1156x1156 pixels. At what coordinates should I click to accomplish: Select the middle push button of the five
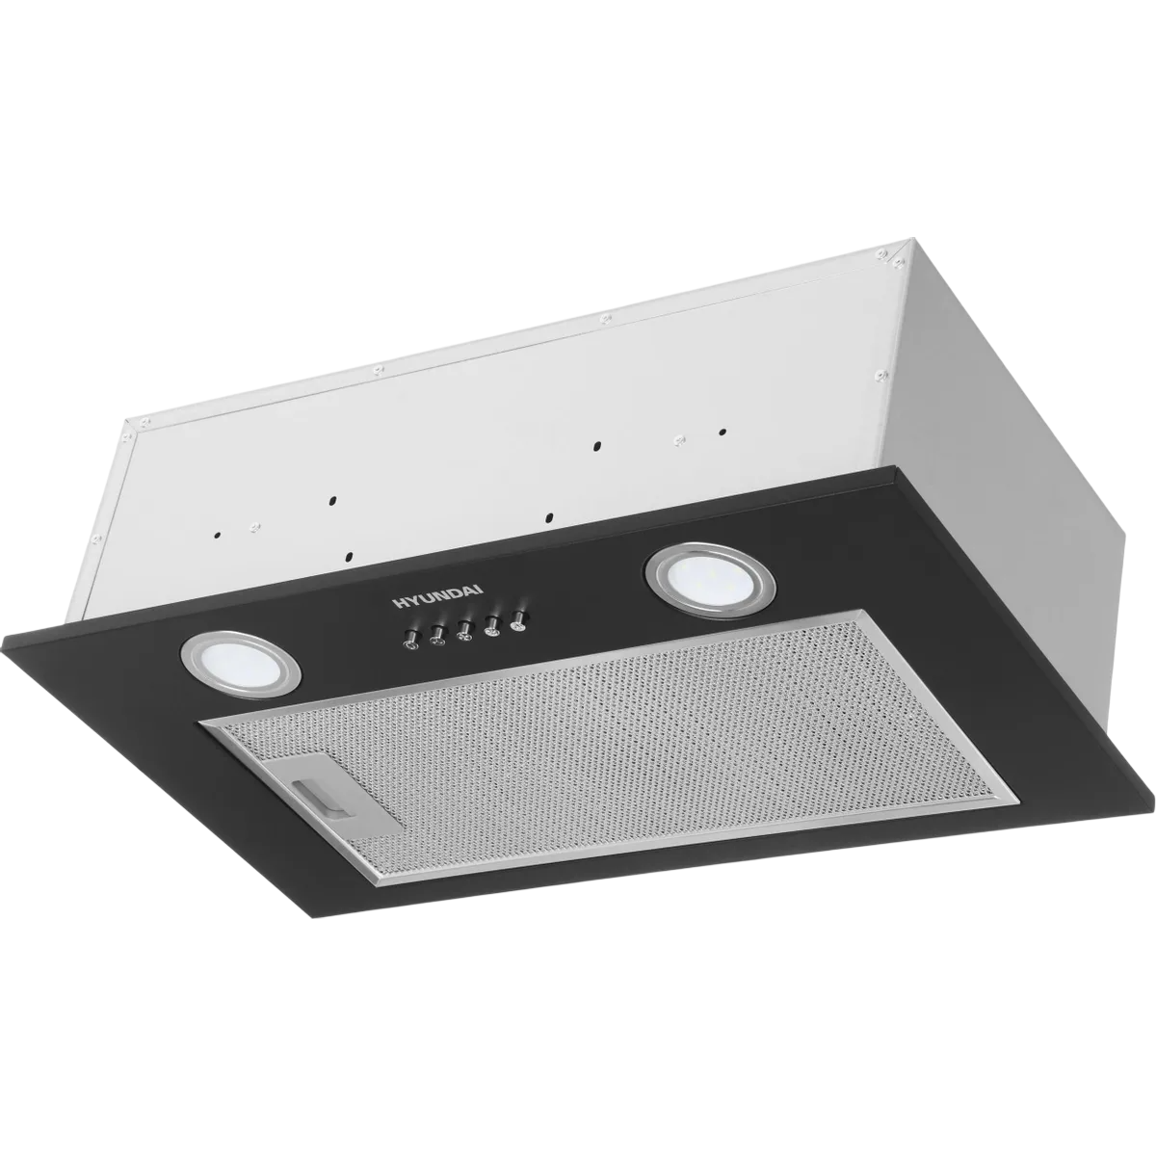(463, 631)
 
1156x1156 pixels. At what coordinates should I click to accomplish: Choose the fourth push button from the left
(491, 626)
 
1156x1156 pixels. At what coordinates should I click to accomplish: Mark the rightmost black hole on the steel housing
(723, 432)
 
